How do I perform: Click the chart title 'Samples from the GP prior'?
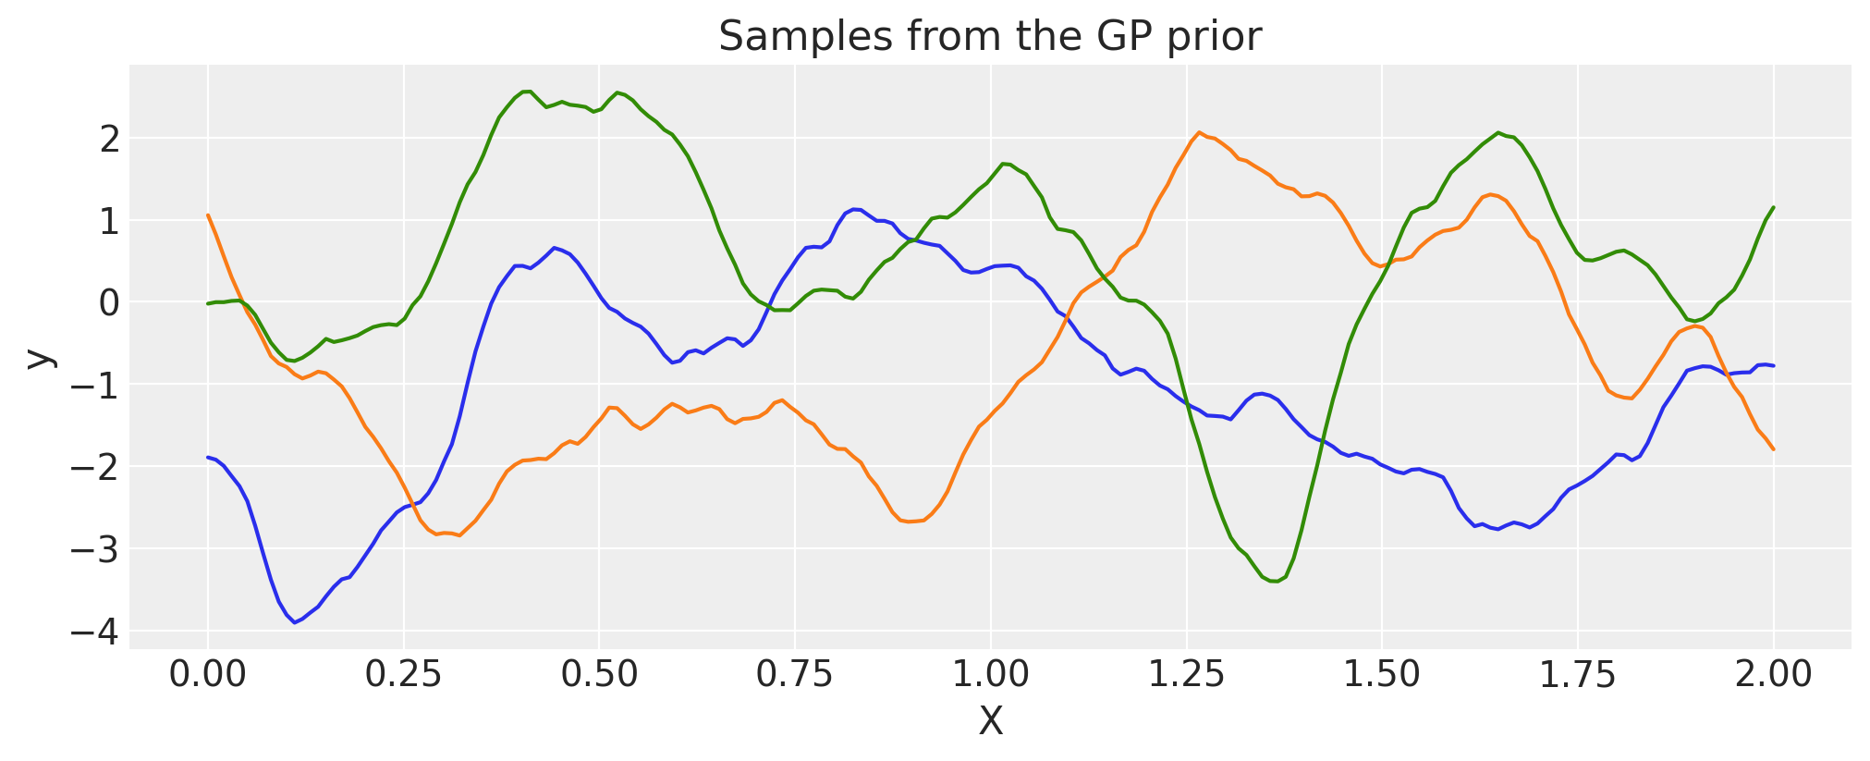click(x=989, y=37)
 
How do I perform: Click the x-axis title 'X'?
click(x=990, y=722)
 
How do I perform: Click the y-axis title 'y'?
click(x=38, y=358)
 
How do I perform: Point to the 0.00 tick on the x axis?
click(x=208, y=674)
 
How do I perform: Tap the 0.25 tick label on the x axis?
click(x=403, y=674)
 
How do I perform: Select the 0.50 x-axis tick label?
click(x=599, y=674)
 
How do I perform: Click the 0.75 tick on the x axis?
click(x=795, y=674)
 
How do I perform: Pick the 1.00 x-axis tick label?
click(x=990, y=674)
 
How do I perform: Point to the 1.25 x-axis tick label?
click(x=1186, y=674)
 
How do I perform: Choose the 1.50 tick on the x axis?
click(x=1381, y=674)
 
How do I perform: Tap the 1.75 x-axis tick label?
click(x=1577, y=674)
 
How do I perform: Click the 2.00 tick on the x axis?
click(x=1773, y=674)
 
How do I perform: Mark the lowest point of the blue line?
click(x=295, y=622)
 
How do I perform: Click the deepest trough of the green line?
click(x=1275, y=581)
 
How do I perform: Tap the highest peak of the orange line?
click(x=1199, y=132)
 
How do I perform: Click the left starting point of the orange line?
click(x=208, y=215)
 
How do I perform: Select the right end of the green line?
click(x=1773, y=207)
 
